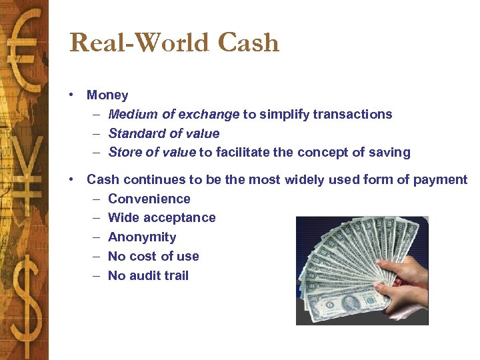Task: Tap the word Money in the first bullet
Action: (x=107, y=95)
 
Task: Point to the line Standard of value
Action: (x=163, y=133)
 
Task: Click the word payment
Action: (x=443, y=179)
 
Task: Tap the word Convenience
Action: (x=149, y=199)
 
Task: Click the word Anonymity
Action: (x=142, y=237)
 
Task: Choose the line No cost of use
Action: (x=153, y=256)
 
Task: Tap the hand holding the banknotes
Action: (x=404, y=280)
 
